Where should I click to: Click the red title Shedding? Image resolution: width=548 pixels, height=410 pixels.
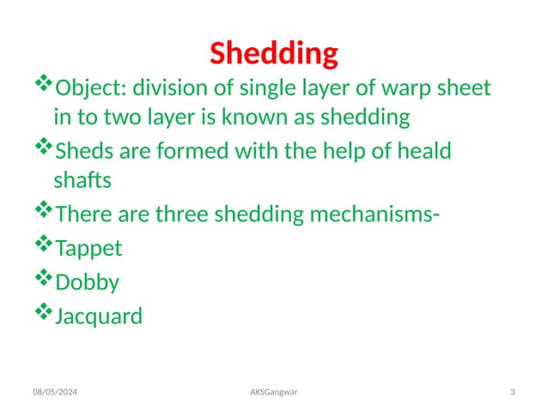tap(274, 54)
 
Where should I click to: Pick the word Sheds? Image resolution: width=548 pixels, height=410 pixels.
tap(81, 153)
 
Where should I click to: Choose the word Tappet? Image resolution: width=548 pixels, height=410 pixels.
tap(88, 249)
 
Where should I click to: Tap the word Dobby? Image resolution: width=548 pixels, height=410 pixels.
tap(87, 282)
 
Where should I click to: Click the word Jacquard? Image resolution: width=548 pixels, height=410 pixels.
tap(99, 317)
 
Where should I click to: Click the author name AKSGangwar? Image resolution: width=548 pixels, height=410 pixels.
tap(274, 393)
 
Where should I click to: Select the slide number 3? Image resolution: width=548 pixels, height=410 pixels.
tap(513, 393)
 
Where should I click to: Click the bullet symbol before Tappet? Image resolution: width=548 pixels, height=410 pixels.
tap(43, 245)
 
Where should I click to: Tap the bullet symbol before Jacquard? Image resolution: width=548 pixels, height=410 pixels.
tap(43, 313)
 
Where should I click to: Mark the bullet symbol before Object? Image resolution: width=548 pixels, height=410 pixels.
tap(43, 84)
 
